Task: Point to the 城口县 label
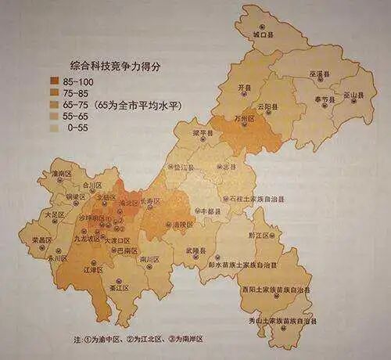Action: coord(261,35)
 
